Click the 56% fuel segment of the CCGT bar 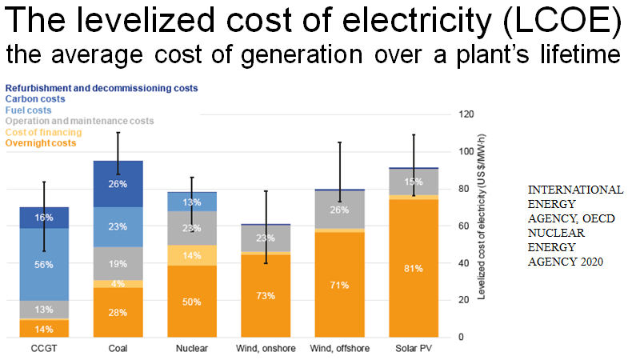pyautogui.click(x=44, y=265)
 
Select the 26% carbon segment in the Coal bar pyautogui.click(x=118, y=184)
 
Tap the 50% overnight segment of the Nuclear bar pyautogui.click(x=192, y=302)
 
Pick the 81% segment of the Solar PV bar pyautogui.click(x=414, y=269)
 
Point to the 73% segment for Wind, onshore pyautogui.click(x=266, y=296)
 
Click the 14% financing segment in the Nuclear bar pyautogui.click(x=192, y=256)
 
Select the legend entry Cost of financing pyautogui.click(x=43, y=132)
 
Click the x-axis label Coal pyautogui.click(x=118, y=350)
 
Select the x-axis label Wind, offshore pyautogui.click(x=340, y=350)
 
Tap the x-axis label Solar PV pyautogui.click(x=414, y=350)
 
